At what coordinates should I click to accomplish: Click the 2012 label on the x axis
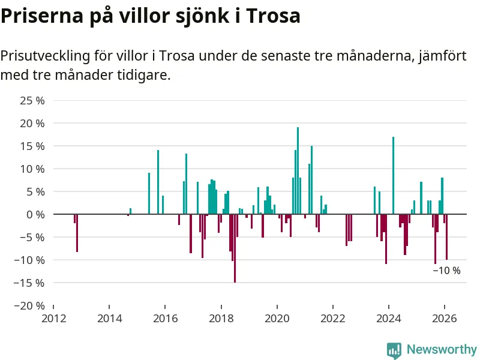pyautogui.click(x=53, y=318)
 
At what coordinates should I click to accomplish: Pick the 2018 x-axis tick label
pyautogui.click(x=221, y=318)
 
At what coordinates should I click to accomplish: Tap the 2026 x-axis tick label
pyautogui.click(x=445, y=318)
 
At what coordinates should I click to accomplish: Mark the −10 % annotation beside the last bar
pyautogui.click(x=447, y=271)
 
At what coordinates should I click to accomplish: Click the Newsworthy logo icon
pyautogui.click(x=394, y=350)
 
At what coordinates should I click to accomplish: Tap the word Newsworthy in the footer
pyautogui.click(x=442, y=349)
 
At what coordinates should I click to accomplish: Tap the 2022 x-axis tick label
pyautogui.click(x=332, y=318)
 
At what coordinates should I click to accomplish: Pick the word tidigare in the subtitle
pyautogui.click(x=146, y=76)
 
